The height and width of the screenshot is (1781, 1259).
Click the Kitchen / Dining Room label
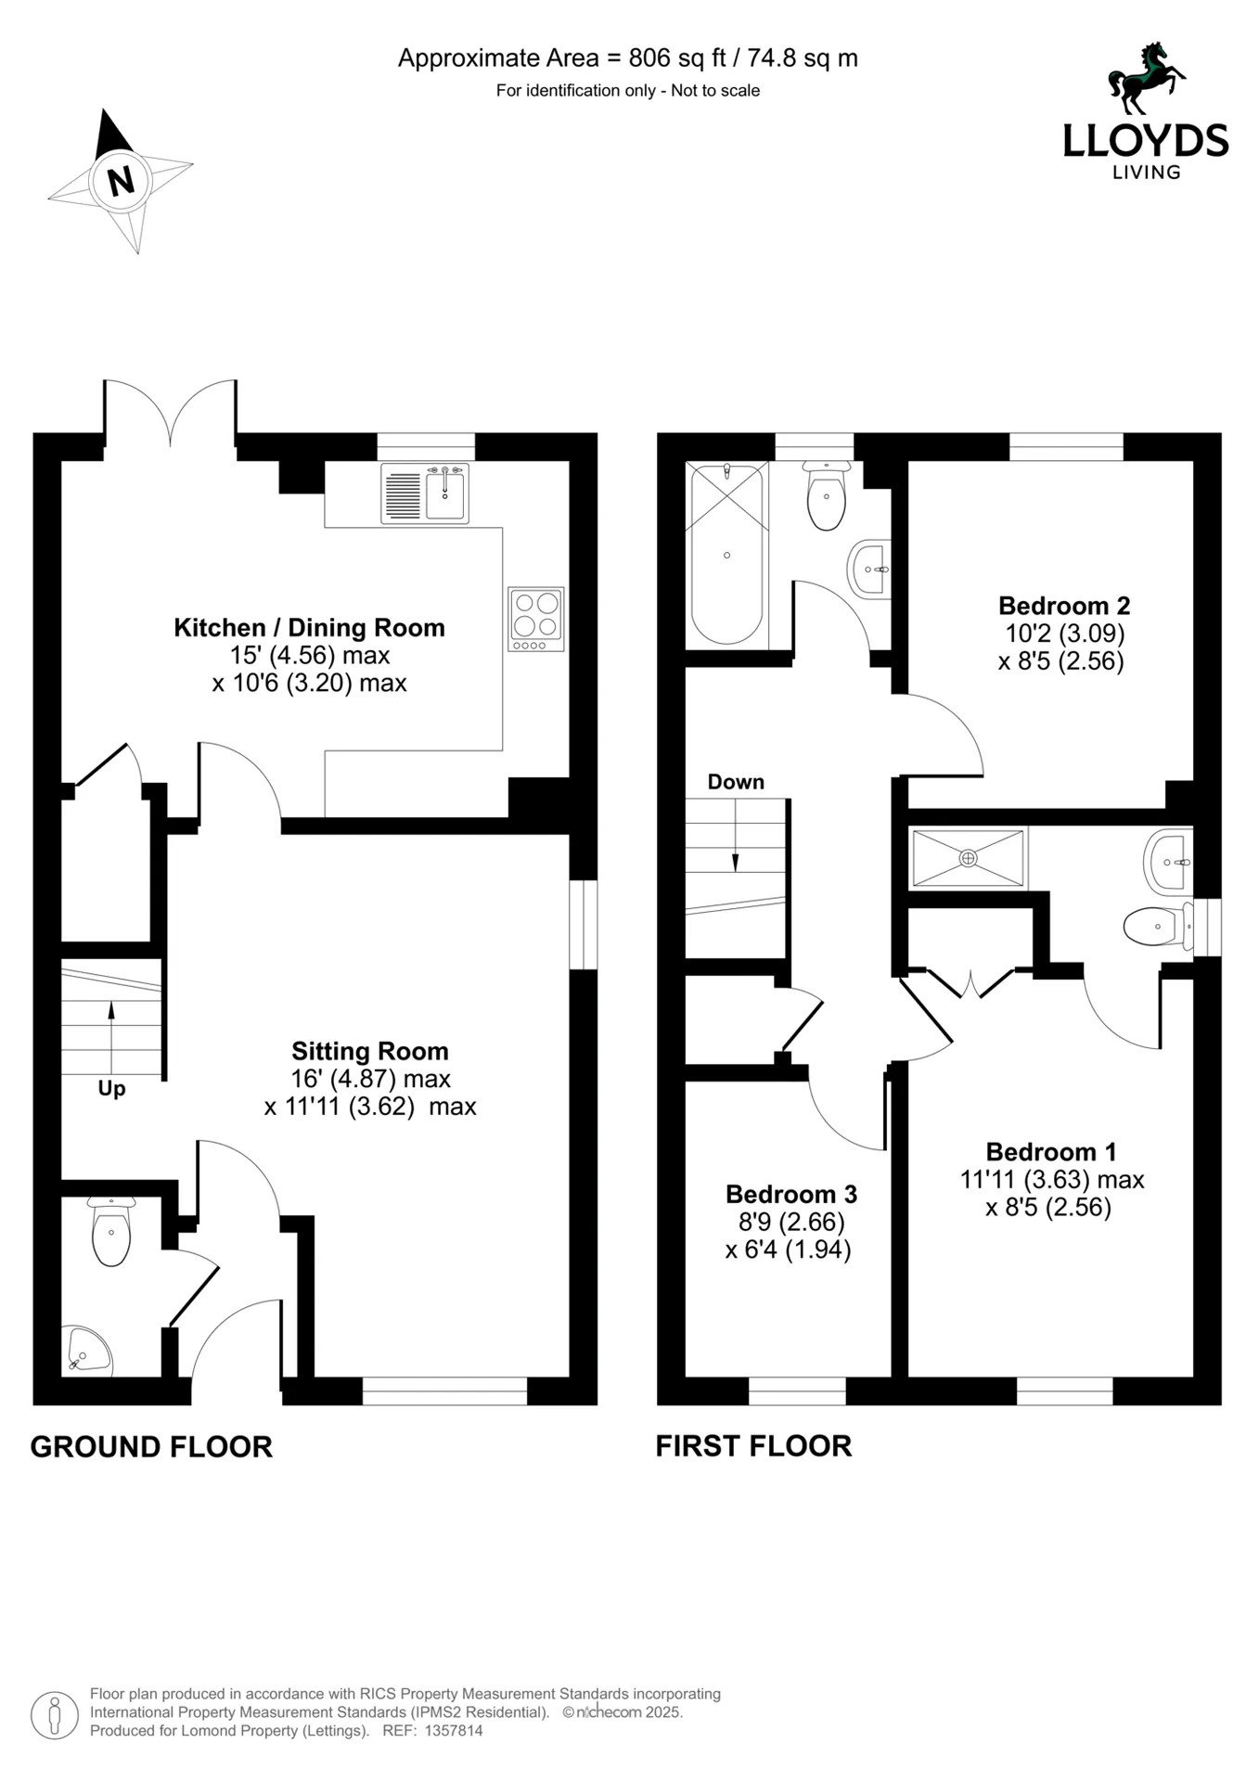[309, 628]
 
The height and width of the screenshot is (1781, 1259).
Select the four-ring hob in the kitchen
[535, 618]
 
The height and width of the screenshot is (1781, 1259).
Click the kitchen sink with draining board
[424, 493]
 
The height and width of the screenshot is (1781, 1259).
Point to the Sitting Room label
[369, 1051]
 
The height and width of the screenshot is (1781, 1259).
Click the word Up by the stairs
[111, 1088]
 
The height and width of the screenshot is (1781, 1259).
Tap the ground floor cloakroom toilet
[111, 1233]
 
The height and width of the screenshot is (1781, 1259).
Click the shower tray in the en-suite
[968, 858]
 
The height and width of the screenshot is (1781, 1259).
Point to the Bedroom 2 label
[1063, 606]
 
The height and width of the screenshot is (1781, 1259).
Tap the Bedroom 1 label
[1050, 1152]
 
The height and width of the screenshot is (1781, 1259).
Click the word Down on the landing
[736, 782]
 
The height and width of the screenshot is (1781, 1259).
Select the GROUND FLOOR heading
[151, 1447]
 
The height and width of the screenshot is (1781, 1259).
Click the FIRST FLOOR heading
[753, 1446]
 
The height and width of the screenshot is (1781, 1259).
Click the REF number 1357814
[453, 1730]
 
